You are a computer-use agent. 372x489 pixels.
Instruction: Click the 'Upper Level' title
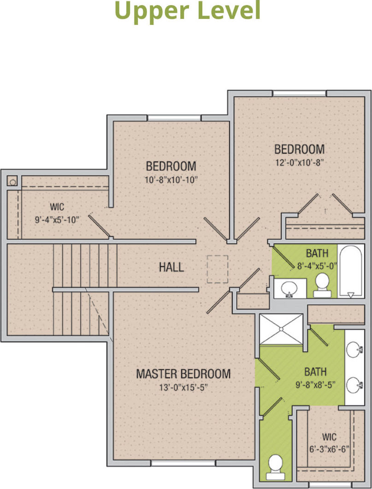click(x=187, y=11)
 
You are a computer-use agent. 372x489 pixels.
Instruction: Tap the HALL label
click(x=171, y=267)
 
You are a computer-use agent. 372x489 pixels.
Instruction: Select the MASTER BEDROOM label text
click(x=183, y=374)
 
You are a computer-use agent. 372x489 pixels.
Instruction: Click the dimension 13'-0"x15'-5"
click(x=183, y=388)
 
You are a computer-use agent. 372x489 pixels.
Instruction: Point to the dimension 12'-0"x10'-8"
click(x=300, y=162)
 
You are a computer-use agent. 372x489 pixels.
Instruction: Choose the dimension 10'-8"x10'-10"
click(x=171, y=180)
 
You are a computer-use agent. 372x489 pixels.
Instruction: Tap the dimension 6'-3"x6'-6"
click(x=329, y=449)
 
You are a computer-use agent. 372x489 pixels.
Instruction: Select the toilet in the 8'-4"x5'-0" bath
click(x=322, y=285)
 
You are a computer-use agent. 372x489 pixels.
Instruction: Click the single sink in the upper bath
click(x=289, y=289)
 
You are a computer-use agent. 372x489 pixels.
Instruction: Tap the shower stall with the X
click(x=281, y=329)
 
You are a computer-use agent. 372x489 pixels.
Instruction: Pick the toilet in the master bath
click(x=275, y=467)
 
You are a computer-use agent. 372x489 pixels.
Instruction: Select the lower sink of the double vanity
click(x=355, y=385)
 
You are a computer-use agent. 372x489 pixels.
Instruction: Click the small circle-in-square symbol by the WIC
click(x=12, y=181)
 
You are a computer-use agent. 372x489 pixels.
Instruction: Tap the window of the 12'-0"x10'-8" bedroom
click(x=300, y=93)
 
